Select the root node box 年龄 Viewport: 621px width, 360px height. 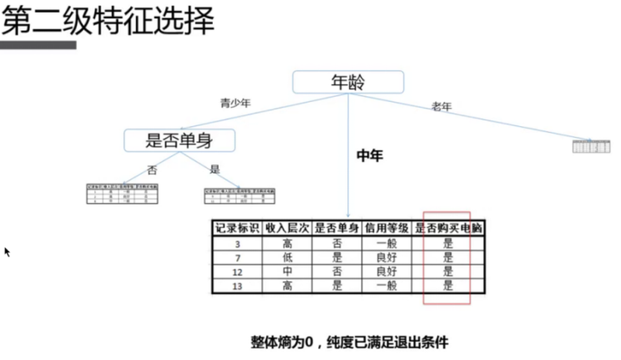[348, 82]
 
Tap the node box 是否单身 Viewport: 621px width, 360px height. [179, 140]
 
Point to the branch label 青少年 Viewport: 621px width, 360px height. [235, 104]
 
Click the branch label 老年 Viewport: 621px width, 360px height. [442, 106]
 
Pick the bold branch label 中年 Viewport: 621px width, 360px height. [369, 155]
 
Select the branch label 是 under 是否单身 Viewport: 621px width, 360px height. [215, 170]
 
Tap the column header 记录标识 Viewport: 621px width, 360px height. [237, 228]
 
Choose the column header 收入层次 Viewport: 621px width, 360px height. [287, 228]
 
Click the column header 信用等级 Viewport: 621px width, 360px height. [386, 228]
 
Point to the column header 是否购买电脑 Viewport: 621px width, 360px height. [448, 228]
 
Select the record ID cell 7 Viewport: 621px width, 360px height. [237, 257]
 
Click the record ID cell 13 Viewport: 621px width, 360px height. [237, 286]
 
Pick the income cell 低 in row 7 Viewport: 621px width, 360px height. [287, 257]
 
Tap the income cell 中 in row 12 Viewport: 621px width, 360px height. [287, 271]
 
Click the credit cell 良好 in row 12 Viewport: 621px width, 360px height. [386, 271]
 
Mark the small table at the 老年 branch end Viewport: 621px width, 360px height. [592, 146]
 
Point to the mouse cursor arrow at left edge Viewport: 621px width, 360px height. [7, 251]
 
